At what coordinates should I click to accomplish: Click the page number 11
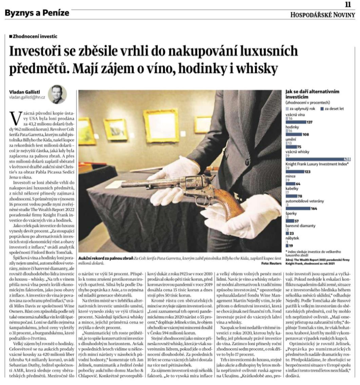tap(348, 4)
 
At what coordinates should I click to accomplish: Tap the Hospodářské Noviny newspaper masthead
tap(323, 15)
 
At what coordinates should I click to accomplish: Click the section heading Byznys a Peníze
tap(37, 13)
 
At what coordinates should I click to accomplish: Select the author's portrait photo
tap(57, 94)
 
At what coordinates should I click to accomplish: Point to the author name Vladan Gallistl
tap(25, 91)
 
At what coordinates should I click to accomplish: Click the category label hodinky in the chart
tap(292, 126)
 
